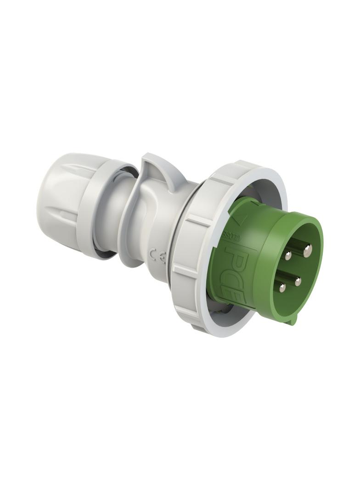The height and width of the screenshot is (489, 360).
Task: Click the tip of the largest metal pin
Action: [308, 250]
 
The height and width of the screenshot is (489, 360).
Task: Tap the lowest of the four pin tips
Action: [282, 288]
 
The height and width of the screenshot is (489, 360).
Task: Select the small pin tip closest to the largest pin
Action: [288, 256]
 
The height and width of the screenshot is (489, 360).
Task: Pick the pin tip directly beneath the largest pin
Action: [298, 282]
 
